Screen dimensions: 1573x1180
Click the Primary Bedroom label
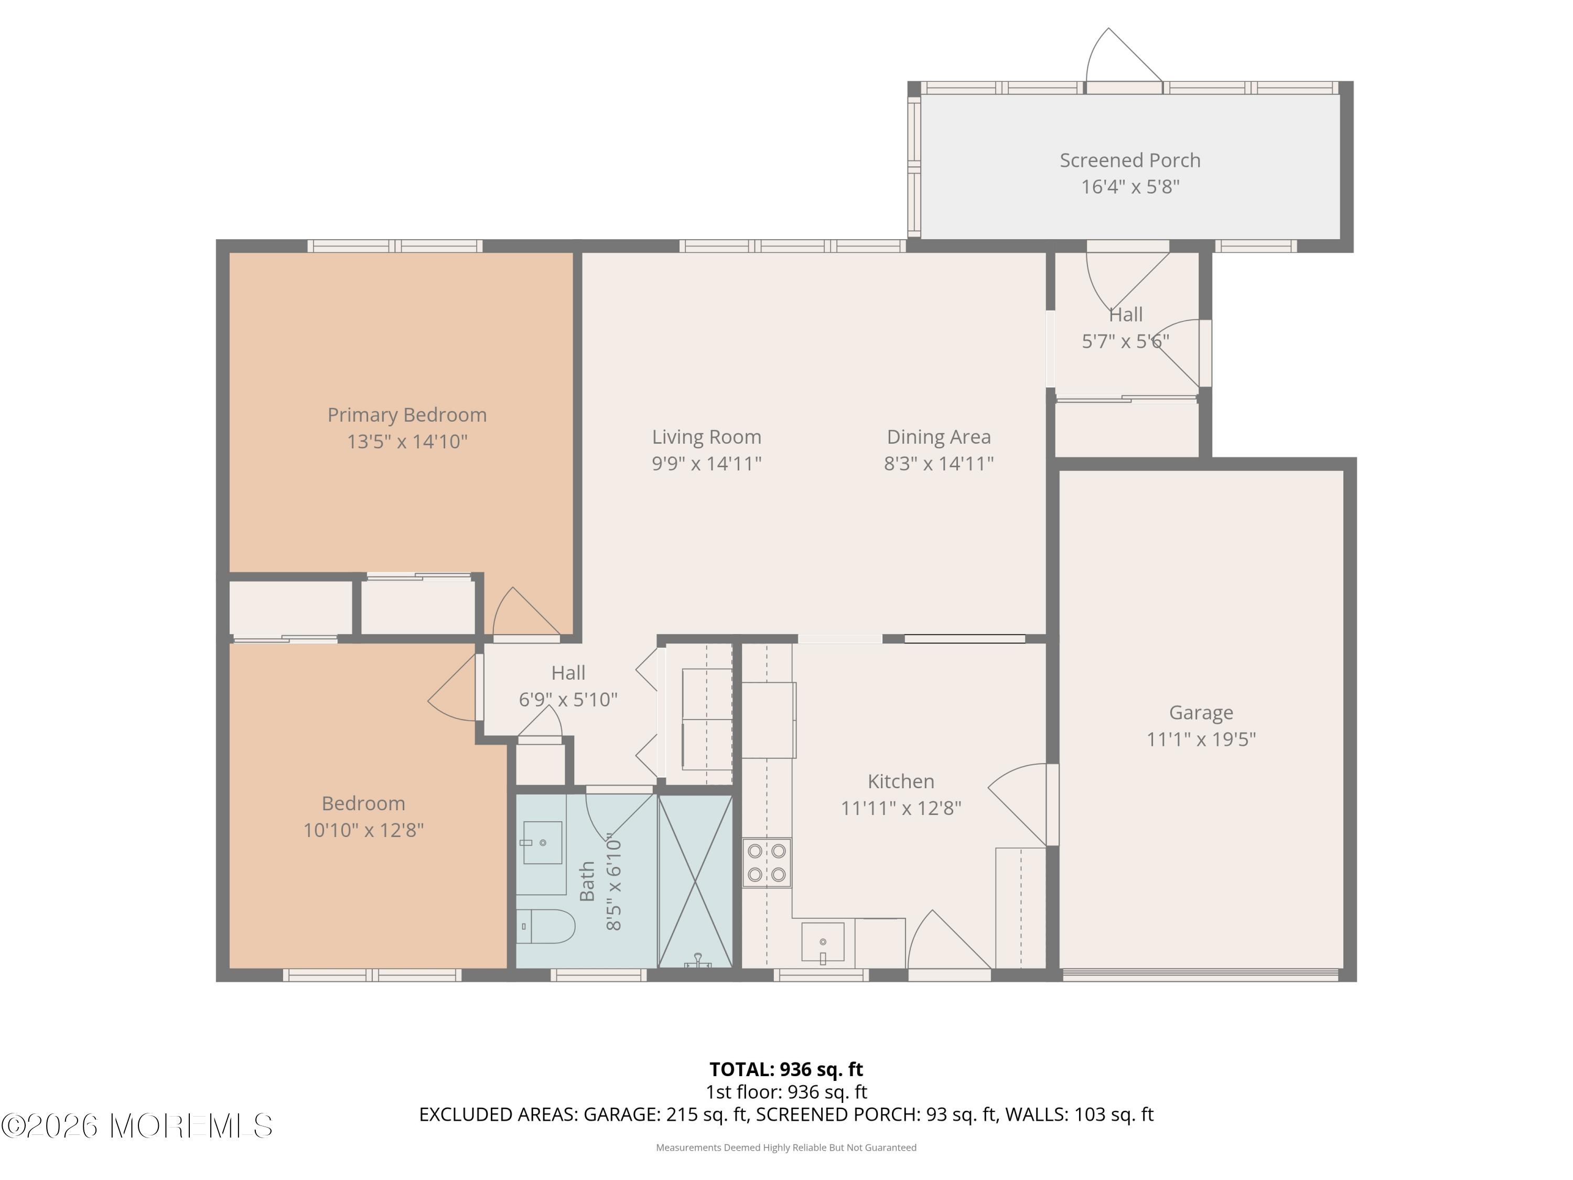(407, 415)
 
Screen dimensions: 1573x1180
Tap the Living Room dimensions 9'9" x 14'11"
(706, 464)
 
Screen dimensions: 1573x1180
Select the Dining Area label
(939, 437)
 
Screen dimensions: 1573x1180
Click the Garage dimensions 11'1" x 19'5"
(1201, 739)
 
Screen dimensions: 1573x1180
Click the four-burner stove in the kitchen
(767, 862)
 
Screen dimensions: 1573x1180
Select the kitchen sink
(823, 942)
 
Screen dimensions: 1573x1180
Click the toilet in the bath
(545, 926)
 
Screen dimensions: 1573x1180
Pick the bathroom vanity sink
(543, 843)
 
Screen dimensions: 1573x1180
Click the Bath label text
(587, 881)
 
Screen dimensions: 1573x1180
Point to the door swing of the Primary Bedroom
(527, 611)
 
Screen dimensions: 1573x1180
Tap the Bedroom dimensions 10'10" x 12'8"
(363, 830)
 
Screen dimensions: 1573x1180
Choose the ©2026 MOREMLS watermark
(136, 1126)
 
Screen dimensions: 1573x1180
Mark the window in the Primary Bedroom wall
(395, 246)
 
